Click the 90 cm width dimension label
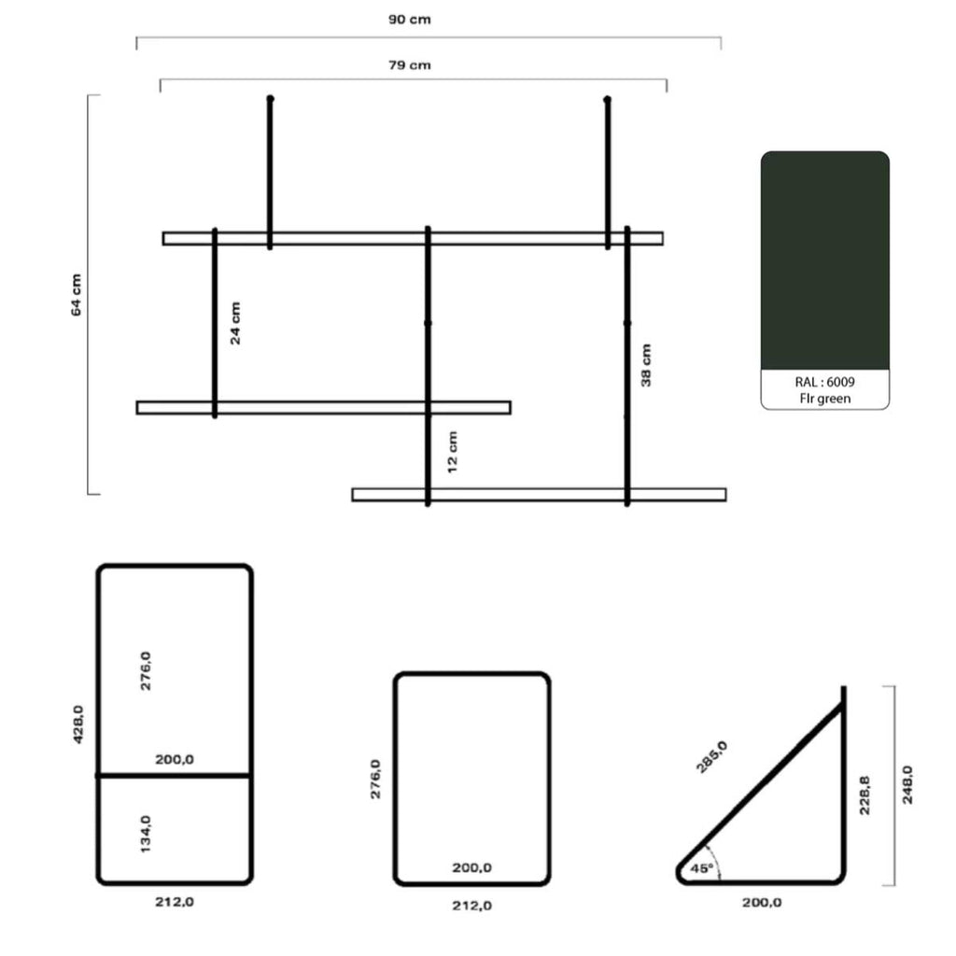410,20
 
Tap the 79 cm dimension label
410,65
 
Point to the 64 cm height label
77,295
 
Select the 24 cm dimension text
235,323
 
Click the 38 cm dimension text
646,365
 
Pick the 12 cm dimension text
453,452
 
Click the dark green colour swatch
825,260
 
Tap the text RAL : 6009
825,382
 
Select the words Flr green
825,399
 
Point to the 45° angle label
702,868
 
